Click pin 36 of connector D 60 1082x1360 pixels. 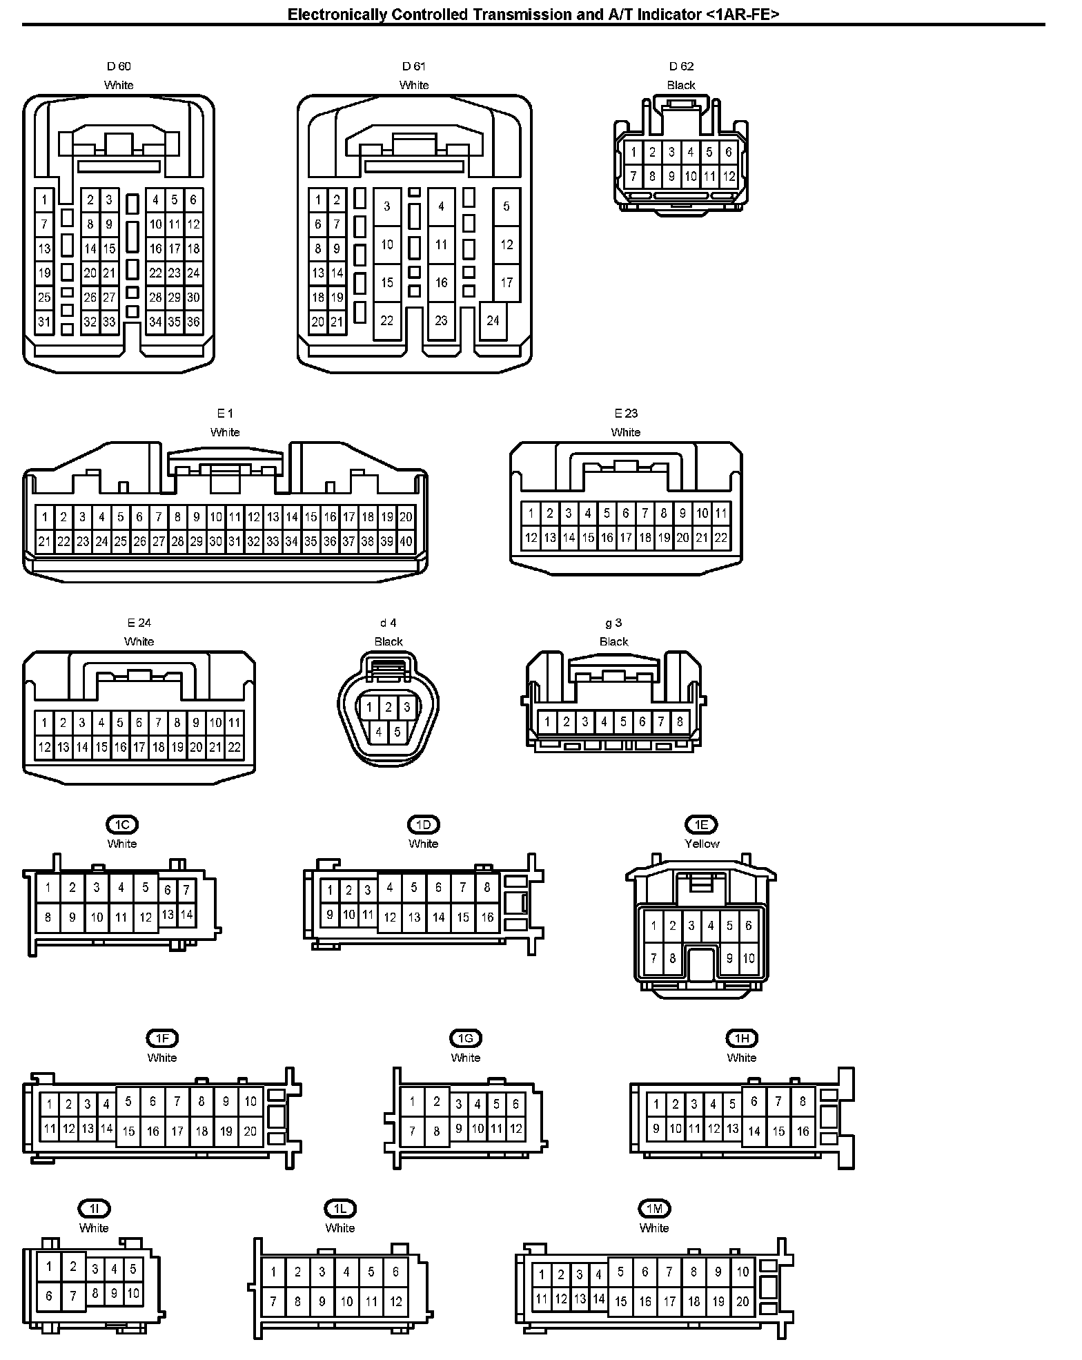pos(193,322)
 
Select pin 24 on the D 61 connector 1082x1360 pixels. pos(493,320)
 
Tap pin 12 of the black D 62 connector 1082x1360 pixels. pos(729,176)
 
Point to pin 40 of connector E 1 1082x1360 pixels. pos(406,541)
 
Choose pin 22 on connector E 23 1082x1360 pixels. pos(720,537)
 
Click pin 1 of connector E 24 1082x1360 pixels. pos(44,723)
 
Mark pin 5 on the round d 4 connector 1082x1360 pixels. pos(397,732)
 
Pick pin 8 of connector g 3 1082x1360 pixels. pos(680,721)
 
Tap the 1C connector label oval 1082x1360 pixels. pos(122,824)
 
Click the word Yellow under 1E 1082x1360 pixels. pos(701,844)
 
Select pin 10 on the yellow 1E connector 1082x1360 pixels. pos(749,958)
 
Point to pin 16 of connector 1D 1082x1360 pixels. pos(487,917)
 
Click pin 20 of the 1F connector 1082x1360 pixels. pos(250,1131)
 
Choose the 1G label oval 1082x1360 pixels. pos(465,1038)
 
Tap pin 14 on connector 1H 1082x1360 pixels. pos(754,1131)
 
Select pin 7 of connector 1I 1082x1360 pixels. pos(72,1296)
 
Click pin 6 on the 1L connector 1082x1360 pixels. pos(395,1271)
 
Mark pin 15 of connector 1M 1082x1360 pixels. pos(620,1301)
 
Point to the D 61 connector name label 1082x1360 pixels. pos(414,66)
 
